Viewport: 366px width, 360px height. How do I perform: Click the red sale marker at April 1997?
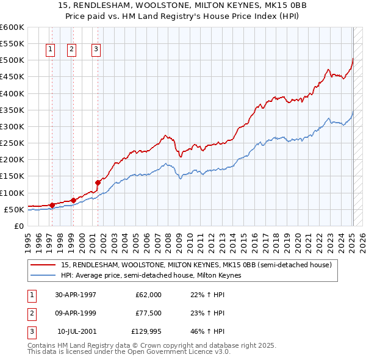click(52, 205)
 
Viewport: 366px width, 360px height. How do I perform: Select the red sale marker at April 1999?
click(73, 200)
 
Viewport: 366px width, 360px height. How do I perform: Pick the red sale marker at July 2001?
click(98, 182)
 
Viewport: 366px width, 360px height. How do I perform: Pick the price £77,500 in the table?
click(146, 313)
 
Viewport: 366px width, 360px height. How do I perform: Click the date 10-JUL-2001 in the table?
click(76, 331)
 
